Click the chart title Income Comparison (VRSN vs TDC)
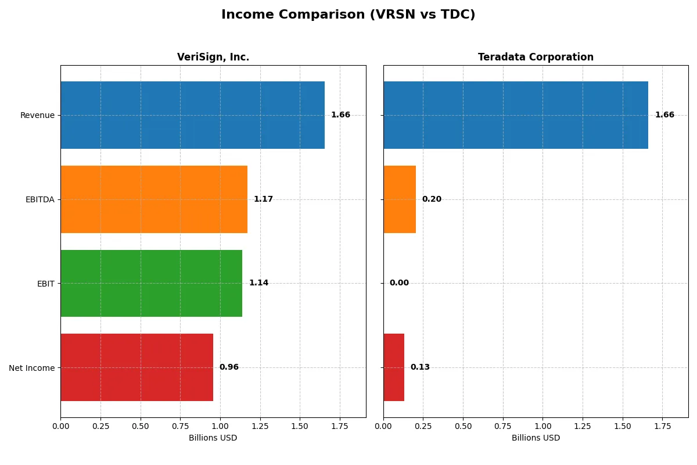point(348,15)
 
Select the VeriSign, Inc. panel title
point(213,57)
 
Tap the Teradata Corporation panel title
point(536,57)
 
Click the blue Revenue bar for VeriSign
point(192,115)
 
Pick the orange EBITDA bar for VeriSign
point(154,199)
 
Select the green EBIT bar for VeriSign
point(151,283)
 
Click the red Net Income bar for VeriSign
point(136,367)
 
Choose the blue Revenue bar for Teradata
point(515,115)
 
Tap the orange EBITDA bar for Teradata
point(400,199)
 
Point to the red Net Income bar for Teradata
point(394,367)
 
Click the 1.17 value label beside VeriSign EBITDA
point(263,199)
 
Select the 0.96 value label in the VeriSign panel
point(229,367)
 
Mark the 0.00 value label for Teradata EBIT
point(399,283)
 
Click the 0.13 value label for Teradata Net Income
point(420,367)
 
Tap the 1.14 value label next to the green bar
point(258,283)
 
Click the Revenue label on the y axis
point(37,115)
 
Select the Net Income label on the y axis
point(32,368)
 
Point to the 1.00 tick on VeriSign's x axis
point(220,425)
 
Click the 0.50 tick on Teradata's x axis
point(463,425)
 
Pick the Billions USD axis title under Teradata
point(536,438)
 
